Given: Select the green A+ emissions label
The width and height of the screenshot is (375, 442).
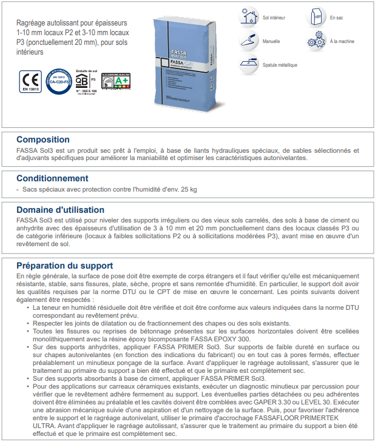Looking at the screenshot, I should click(x=116, y=82).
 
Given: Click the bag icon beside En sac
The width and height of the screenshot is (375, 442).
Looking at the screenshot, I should click(x=316, y=17).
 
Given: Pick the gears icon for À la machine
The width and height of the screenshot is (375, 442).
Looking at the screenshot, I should click(x=314, y=41).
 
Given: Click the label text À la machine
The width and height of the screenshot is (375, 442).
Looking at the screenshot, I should click(x=343, y=42).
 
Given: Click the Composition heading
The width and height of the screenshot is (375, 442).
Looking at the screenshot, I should click(x=43, y=139).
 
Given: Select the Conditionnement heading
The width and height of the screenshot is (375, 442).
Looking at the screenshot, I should click(x=52, y=178).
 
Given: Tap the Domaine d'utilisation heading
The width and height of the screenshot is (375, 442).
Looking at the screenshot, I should click(x=61, y=210).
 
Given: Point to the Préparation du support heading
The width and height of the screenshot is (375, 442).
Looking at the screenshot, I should click(x=65, y=265).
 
